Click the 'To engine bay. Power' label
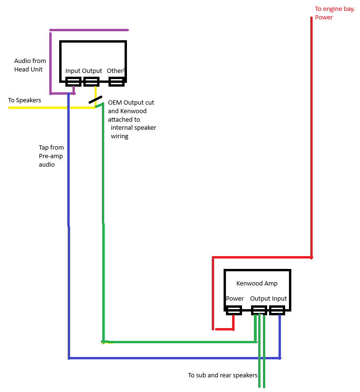coord(334,13)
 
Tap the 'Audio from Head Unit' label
coord(30,65)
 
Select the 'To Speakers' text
coord(25,100)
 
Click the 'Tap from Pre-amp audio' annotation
coord(51,156)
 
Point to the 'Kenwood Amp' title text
coord(257,284)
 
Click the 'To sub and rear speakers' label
coord(222,375)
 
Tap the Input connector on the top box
coord(73,82)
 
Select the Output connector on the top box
coord(91,82)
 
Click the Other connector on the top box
coord(117,82)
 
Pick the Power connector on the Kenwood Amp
coord(234,311)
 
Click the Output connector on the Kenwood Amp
coord(259,311)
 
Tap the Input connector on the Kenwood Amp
coord(277,311)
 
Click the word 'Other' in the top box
coord(115,71)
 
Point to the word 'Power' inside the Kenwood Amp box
coord(235,299)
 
